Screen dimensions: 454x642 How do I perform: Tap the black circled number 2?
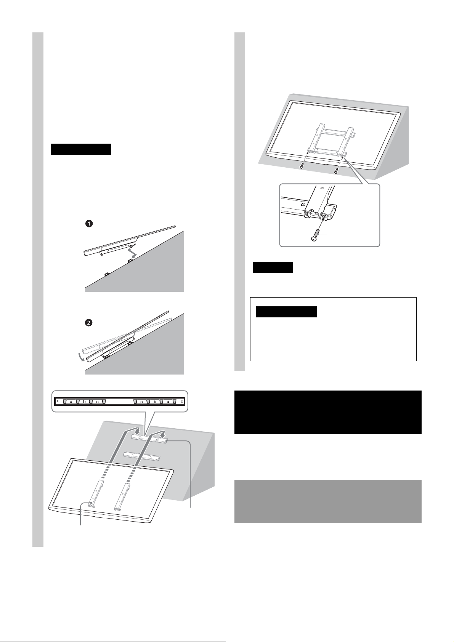pyautogui.click(x=89, y=322)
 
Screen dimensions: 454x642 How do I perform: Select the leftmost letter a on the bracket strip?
pyautogui.click(x=71, y=402)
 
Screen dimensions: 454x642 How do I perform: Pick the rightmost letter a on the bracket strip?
pyautogui.click(x=168, y=402)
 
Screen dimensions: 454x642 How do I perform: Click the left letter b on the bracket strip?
pyautogui.click(x=84, y=402)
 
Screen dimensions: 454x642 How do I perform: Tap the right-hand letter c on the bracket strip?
pyautogui.click(x=141, y=402)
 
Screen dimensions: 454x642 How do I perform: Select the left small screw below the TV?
pyautogui.click(x=302, y=166)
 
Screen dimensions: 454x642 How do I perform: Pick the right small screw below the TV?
pyautogui.click(x=336, y=171)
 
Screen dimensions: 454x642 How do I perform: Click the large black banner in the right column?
pyautogui.click(x=328, y=412)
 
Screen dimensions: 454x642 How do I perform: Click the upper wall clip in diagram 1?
pyautogui.click(x=130, y=261)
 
